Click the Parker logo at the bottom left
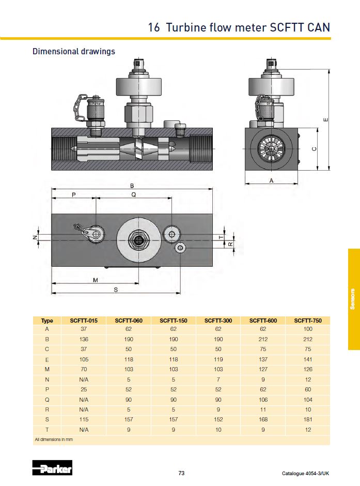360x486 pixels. point(52,468)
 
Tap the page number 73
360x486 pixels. point(181,473)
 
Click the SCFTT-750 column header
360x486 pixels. point(308,321)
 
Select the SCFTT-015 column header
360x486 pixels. point(84,321)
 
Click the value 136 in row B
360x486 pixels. point(84,340)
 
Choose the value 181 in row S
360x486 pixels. point(308,419)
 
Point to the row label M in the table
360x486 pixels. point(47,369)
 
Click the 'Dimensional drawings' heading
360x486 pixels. point(74,51)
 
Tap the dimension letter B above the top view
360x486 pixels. point(132,186)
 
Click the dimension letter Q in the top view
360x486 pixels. point(134,195)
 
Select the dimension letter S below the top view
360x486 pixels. point(116,290)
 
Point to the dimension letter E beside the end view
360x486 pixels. point(325,120)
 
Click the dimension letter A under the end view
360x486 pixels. point(272,180)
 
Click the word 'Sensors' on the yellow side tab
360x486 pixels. point(353,299)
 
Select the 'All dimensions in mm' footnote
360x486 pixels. point(54,439)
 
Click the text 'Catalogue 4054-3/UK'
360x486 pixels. point(305,474)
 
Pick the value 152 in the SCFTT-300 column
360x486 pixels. point(218,419)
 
